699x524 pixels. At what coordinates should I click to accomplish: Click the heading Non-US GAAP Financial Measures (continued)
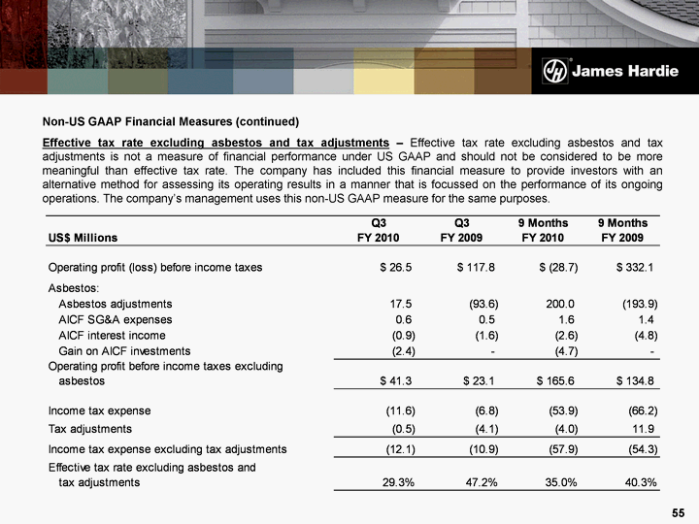pos(170,122)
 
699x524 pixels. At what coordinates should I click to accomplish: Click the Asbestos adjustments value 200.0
pos(560,304)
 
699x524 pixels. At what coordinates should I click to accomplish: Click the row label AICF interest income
pos(113,335)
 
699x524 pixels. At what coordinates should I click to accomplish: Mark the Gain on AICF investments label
pos(124,350)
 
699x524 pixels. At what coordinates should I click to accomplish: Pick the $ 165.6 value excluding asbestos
pos(557,381)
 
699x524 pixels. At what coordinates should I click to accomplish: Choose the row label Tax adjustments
pos(90,428)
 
